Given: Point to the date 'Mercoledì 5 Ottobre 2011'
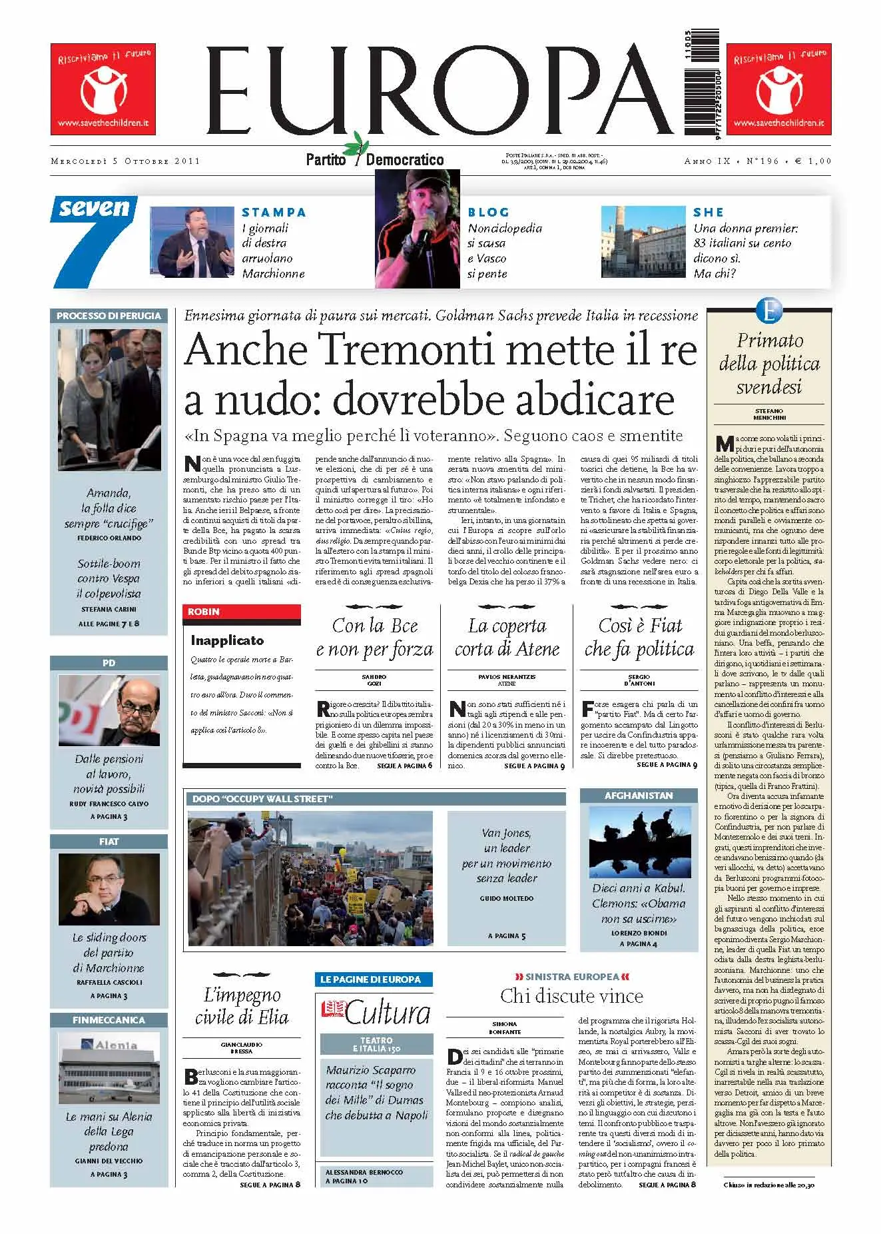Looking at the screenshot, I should point(125,161).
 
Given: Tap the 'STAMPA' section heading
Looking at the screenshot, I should point(274,213).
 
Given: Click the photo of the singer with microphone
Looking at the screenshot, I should point(418,229).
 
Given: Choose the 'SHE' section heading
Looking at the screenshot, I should point(708,213).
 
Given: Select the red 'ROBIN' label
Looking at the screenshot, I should point(204,612).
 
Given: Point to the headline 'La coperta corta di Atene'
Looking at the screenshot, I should point(507,637).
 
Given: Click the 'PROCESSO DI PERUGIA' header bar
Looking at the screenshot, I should point(109,316).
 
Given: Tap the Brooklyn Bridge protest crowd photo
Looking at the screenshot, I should point(310,877).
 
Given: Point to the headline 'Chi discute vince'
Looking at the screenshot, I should point(571,996).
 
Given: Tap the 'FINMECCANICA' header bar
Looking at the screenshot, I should point(109,1020).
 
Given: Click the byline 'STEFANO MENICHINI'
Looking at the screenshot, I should point(769,414).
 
